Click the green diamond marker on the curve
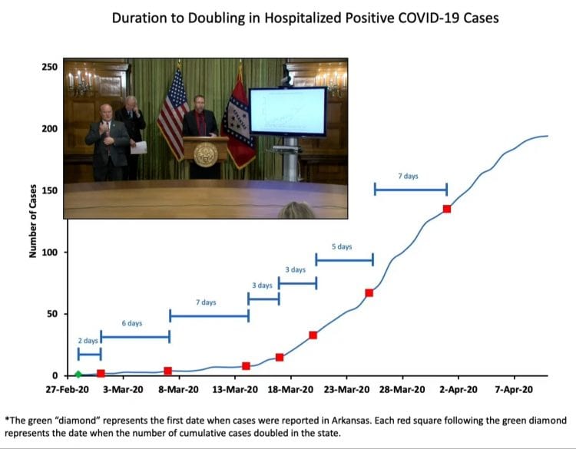[78, 375]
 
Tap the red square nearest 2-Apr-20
[447, 209]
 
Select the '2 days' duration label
[88, 340]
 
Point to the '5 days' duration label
[342, 246]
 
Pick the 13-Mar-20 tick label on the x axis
[236, 390]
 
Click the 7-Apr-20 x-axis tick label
[514, 390]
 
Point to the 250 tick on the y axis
[50, 67]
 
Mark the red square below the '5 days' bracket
[369, 292]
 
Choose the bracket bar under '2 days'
[89, 354]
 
